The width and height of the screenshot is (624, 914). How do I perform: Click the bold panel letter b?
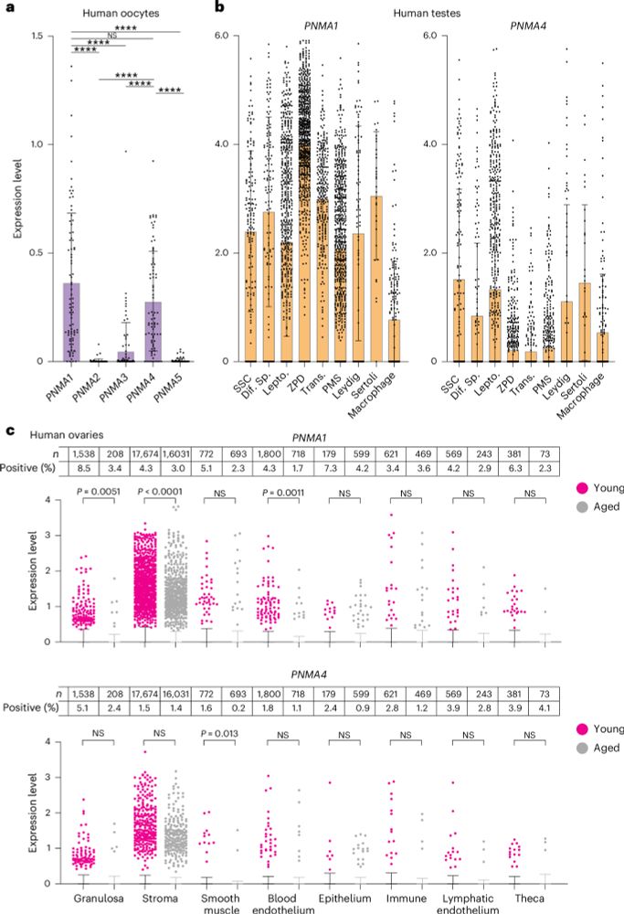[x=218, y=8]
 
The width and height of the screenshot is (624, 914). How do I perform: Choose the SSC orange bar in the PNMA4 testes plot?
[x=460, y=320]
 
